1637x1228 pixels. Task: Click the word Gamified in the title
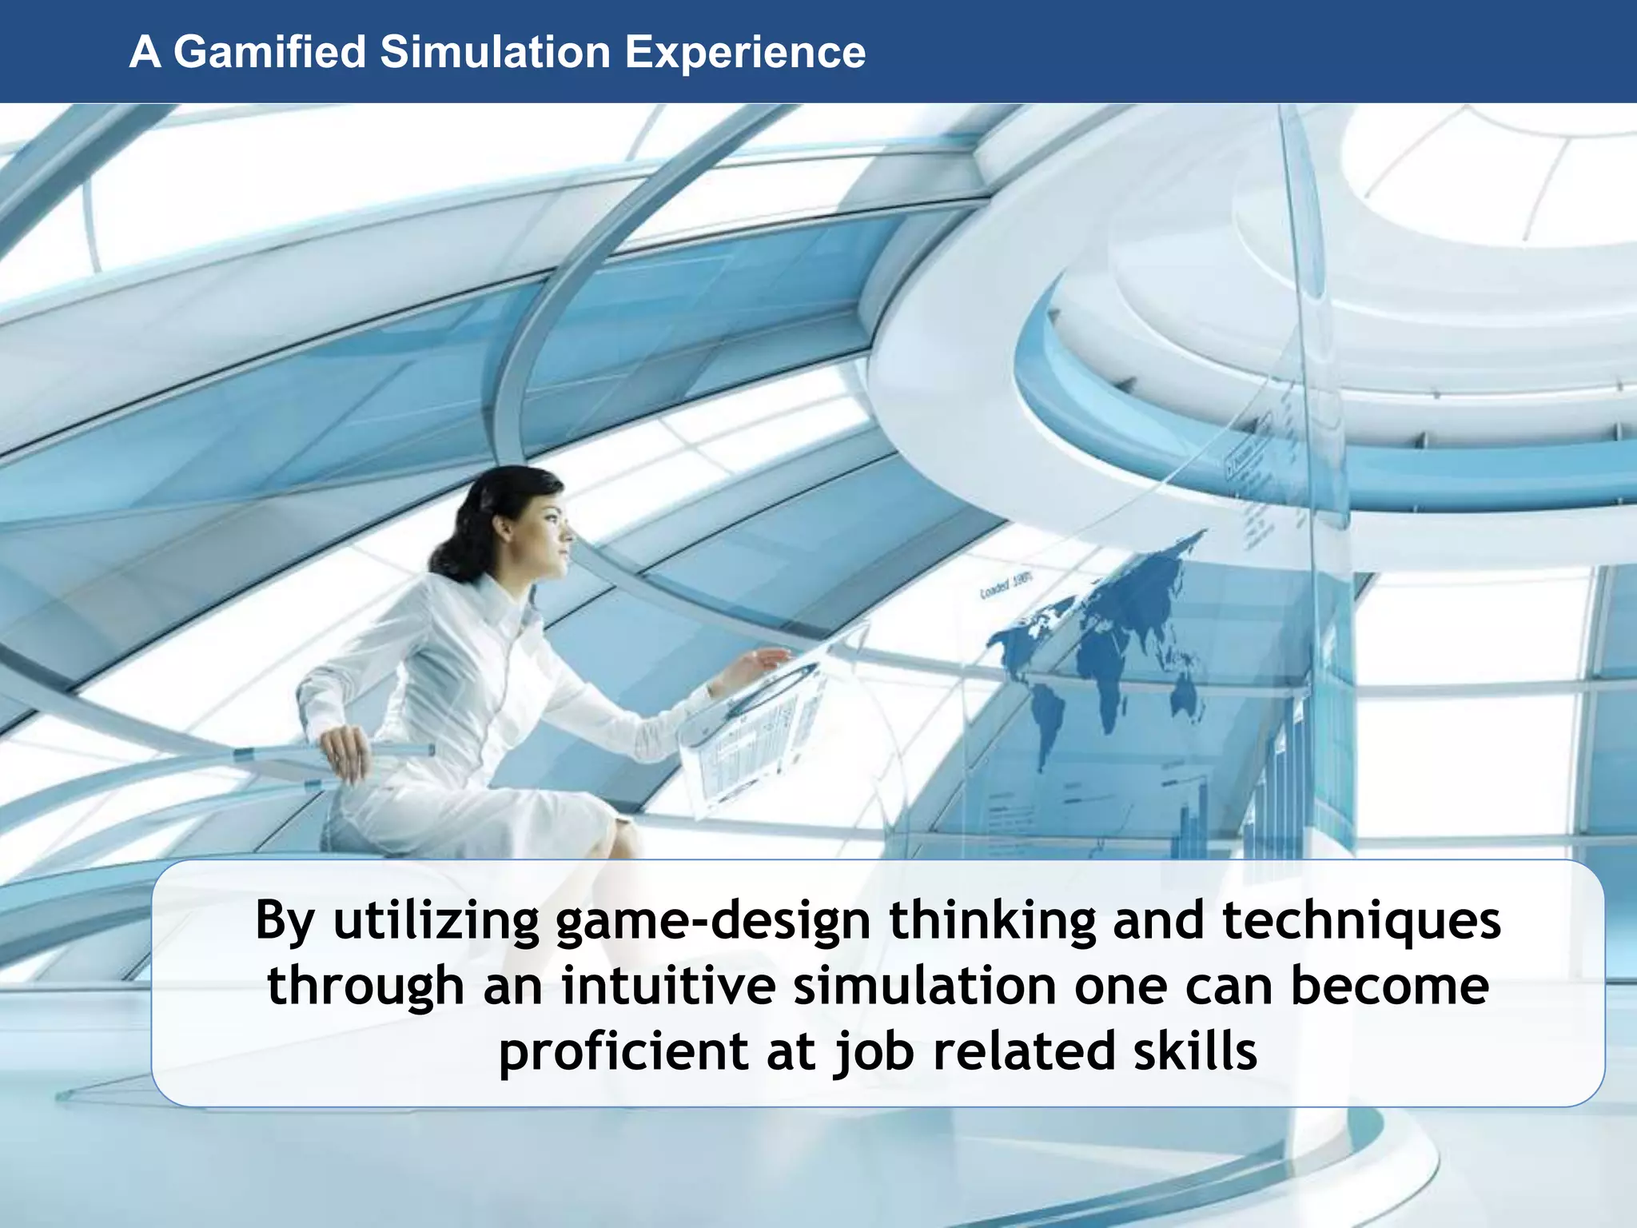click(269, 52)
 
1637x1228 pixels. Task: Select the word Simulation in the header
click(495, 52)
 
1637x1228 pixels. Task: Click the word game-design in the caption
click(712, 921)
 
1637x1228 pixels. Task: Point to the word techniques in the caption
click(1361, 919)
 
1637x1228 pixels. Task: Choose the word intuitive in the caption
click(667, 985)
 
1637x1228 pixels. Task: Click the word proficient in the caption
click(622, 1051)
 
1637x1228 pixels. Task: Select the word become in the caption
click(1389, 985)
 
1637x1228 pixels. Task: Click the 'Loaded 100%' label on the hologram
click(1006, 586)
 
